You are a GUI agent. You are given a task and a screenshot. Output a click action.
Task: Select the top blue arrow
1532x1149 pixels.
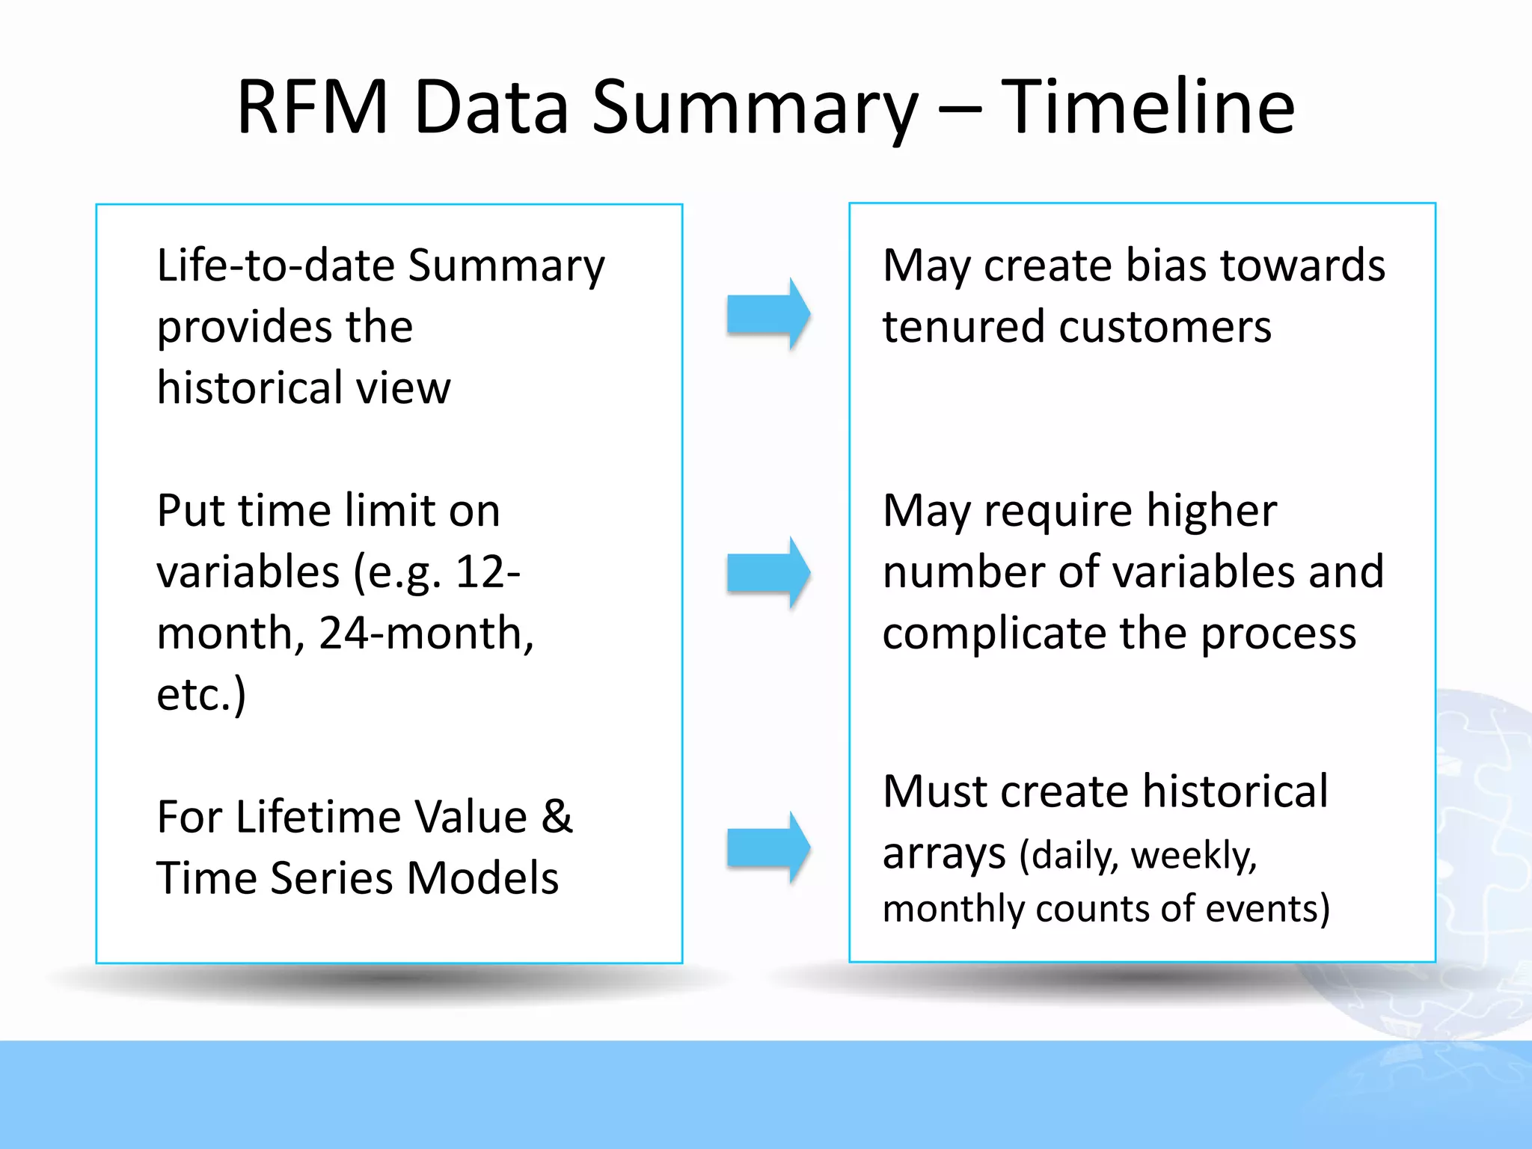coord(768,314)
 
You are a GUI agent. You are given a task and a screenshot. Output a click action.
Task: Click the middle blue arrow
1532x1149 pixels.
coord(768,573)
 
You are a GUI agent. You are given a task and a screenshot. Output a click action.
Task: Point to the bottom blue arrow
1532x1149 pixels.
coord(768,848)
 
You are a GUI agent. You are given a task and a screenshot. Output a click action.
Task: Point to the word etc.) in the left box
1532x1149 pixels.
coord(200,695)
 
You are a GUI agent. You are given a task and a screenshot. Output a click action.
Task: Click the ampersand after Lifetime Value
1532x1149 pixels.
coord(557,816)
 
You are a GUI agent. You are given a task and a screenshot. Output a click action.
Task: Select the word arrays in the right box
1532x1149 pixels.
coord(944,853)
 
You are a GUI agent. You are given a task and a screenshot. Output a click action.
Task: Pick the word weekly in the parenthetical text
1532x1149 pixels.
coord(1193,855)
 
